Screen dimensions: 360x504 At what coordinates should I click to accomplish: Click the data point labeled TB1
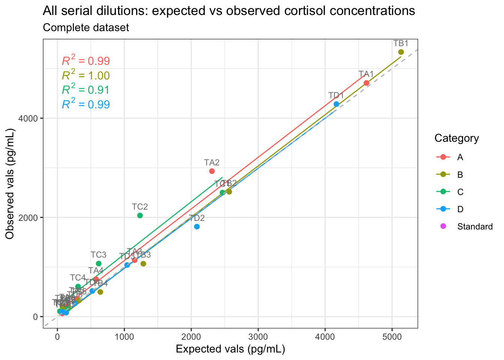[x=401, y=52]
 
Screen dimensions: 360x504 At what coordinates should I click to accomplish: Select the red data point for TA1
[x=366, y=83]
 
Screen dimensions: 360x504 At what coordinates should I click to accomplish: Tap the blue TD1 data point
[x=336, y=104]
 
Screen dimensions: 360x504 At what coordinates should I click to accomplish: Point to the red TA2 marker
[x=212, y=171]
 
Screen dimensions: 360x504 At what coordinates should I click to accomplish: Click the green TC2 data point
[x=140, y=215]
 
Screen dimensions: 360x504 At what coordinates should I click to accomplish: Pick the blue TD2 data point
[x=197, y=226]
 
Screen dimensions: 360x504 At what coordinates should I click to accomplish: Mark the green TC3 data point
[x=99, y=264]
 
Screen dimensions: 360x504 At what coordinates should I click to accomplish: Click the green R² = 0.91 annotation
[x=86, y=90]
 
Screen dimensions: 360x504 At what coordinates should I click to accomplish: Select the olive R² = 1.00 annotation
[x=86, y=76]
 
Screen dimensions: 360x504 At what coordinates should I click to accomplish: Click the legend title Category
[x=456, y=138]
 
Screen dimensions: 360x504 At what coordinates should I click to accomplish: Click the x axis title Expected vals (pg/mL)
[x=230, y=349]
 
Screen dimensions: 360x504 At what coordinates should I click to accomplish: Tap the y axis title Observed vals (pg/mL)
[x=10, y=184]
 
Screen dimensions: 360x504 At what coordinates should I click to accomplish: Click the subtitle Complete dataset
[x=86, y=28]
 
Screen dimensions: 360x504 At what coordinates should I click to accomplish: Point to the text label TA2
[x=212, y=162]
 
